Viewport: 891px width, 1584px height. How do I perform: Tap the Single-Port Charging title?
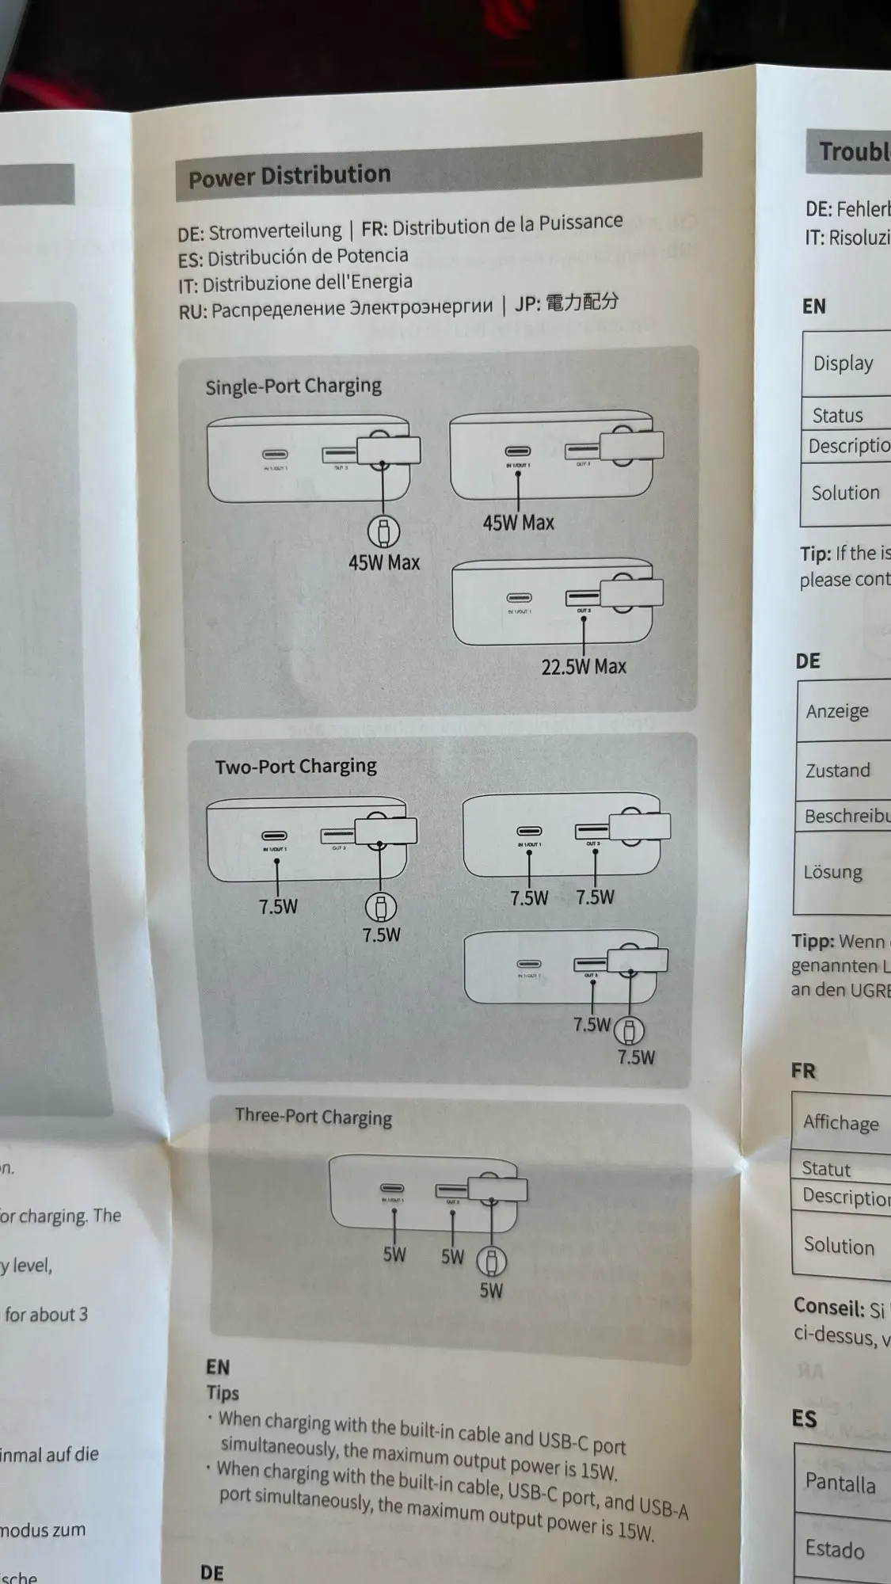(x=293, y=386)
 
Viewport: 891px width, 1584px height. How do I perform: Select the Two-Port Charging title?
(x=295, y=766)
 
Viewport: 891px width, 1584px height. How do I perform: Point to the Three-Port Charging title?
(x=314, y=1117)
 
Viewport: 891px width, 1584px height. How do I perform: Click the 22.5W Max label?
(x=584, y=667)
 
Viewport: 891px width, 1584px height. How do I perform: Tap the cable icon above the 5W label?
(x=491, y=1261)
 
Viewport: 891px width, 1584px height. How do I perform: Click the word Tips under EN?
(x=223, y=1392)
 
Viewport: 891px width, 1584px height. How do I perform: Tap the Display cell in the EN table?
(x=843, y=364)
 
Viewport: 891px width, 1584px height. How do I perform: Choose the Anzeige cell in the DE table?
(x=837, y=711)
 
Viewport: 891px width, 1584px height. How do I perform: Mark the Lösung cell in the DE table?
(x=832, y=872)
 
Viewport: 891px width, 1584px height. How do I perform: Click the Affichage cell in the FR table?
(x=840, y=1122)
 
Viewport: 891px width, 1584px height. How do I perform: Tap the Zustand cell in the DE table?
(x=837, y=770)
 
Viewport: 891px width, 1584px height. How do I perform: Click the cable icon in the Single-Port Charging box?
(x=383, y=531)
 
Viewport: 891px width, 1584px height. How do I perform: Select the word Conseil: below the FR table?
(x=828, y=1307)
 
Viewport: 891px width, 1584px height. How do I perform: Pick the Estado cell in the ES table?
(x=834, y=1549)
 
